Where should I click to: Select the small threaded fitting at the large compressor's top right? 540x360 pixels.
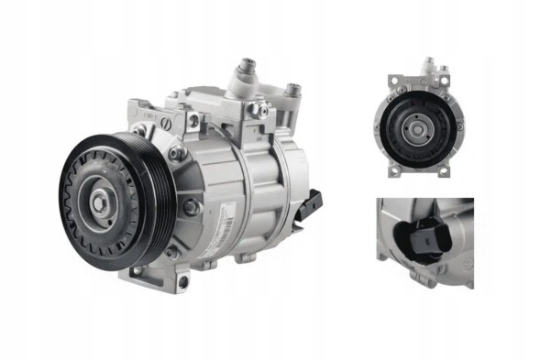click(293, 93)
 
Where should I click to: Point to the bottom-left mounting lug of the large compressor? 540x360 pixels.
click(137, 272)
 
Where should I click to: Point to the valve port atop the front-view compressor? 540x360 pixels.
click(427, 67)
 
